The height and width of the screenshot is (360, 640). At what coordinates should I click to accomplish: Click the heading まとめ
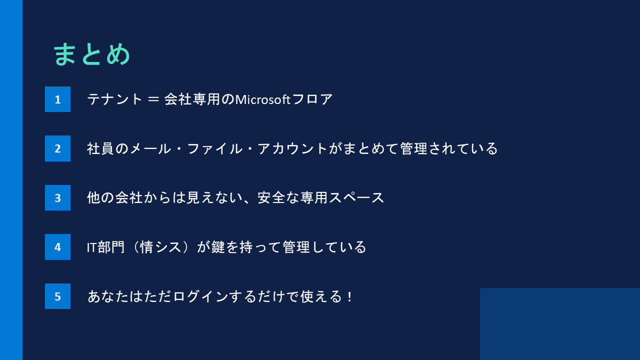pyautogui.click(x=91, y=54)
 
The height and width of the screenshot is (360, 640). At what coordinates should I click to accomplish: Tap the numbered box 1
pyautogui.click(x=57, y=99)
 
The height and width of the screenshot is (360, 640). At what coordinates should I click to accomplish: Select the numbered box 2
pyautogui.click(x=57, y=148)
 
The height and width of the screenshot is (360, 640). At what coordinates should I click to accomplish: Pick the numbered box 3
pyautogui.click(x=57, y=198)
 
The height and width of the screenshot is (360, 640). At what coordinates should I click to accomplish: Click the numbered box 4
pyautogui.click(x=57, y=247)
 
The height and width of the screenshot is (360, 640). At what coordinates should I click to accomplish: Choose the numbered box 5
pyautogui.click(x=57, y=296)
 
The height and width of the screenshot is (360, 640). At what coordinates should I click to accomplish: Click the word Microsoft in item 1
pyautogui.click(x=263, y=99)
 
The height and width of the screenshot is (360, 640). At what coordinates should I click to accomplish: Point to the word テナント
pyautogui.click(x=115, y=99)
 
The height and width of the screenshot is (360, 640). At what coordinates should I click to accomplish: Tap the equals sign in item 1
pyautogui.click(x=154, y=99)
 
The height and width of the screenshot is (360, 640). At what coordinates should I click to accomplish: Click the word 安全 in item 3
pyautogui.click(x=271, y=198)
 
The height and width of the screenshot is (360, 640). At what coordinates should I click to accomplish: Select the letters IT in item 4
pyautogui.click(x=92, y=247)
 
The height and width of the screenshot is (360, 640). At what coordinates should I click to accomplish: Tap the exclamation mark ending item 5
pyautogui.click(x=349, y=296)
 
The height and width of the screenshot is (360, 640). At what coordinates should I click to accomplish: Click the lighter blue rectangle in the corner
pyautogui.click(x=560, y=324)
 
